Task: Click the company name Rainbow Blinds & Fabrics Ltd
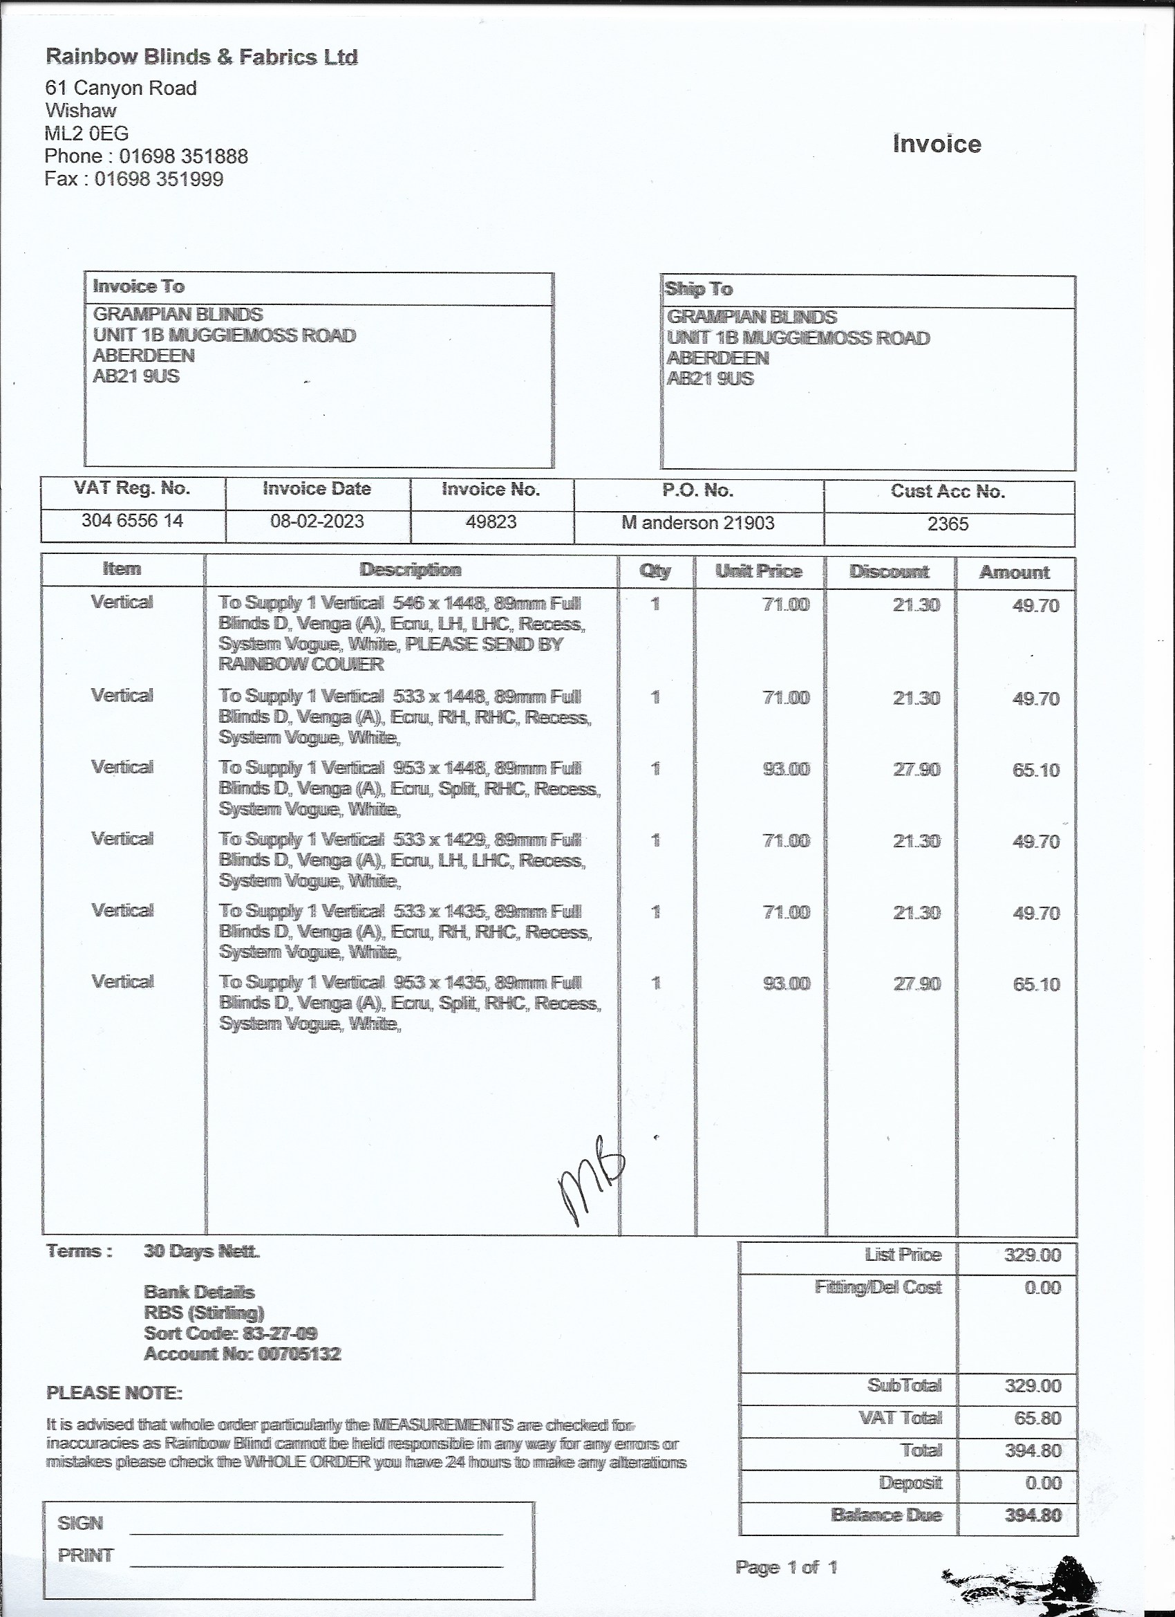point(201,56)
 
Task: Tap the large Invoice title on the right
point(937,144)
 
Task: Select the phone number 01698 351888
point(183,156)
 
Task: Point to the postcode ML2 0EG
point(86,133)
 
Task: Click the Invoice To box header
point(138,286)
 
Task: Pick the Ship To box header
point(698,289)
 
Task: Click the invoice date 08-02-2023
point(317,521)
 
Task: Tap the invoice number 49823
point(491,522)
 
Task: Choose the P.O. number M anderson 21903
point(697,523)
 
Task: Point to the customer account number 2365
point(948,524)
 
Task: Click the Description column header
point(411,570)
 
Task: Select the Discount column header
point(889,572)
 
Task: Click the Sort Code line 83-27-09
point(230,1333)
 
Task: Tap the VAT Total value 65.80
point(1037,1418)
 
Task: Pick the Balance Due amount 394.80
point(1033,1515)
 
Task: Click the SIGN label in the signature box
point(79,1524)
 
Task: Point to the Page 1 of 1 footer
point(786,1567)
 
